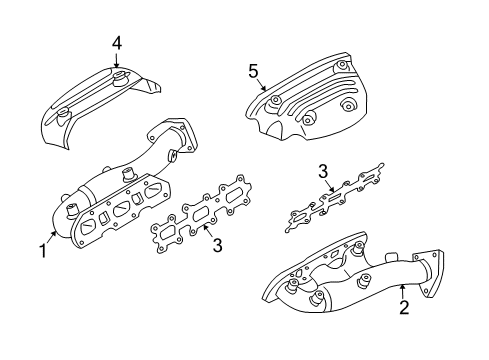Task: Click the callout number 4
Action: click(x=117, y=44)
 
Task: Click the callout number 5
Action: click(x=254, y=71)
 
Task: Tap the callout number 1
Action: click(x=43, y=251)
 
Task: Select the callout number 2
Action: click(x=404, y=307)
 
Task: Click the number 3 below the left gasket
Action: click(x=217, y=245)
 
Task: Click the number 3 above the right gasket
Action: click(x=323, y=172)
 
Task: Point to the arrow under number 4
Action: click(x=116, y=60)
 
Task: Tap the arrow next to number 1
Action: click(x=52, y=237)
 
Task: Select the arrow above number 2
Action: click(x=402, y=291)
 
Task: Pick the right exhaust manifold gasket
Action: click(x=333, y=198)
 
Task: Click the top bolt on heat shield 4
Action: click(x=118, y=79)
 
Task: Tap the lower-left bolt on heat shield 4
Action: click(x=63, y=116)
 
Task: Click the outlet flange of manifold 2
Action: click(x=428, y=272)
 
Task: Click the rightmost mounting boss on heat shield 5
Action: click(x=348, y=106)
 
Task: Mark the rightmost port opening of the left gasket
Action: click(x=236, y=194)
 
